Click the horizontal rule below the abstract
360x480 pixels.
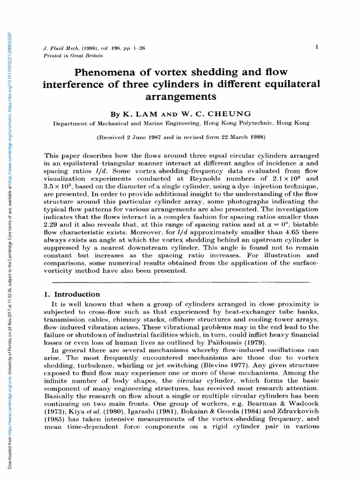point(183,282)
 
